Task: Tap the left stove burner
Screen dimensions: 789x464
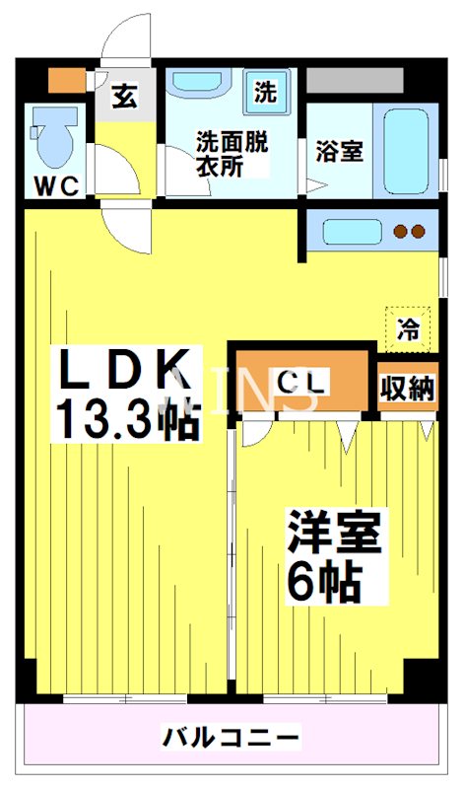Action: coord(402,233)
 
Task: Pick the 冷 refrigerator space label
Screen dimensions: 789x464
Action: coord(407,328)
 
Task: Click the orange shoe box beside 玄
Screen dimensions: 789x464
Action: coord(69,80)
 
